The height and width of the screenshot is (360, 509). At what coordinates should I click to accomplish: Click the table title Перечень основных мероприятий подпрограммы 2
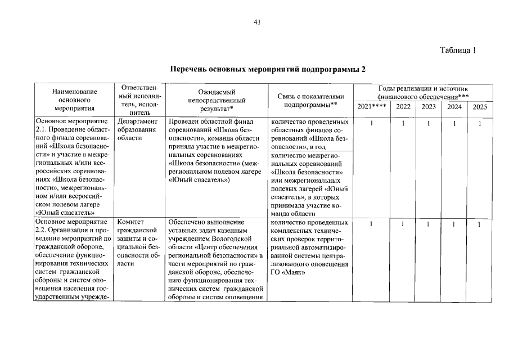tap(268, 70)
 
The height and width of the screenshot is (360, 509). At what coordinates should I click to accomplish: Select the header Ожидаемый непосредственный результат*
tap(216, 100)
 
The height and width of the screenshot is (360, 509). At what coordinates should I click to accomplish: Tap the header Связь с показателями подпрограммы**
tap(310, 100)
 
